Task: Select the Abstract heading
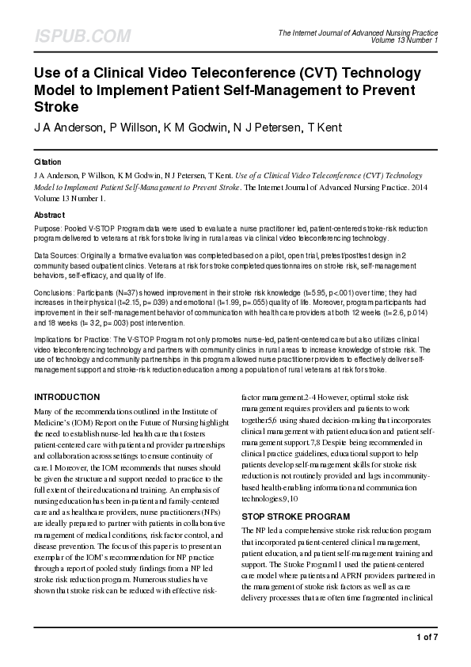pos(50,215)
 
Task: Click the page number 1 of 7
pos(427,638)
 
